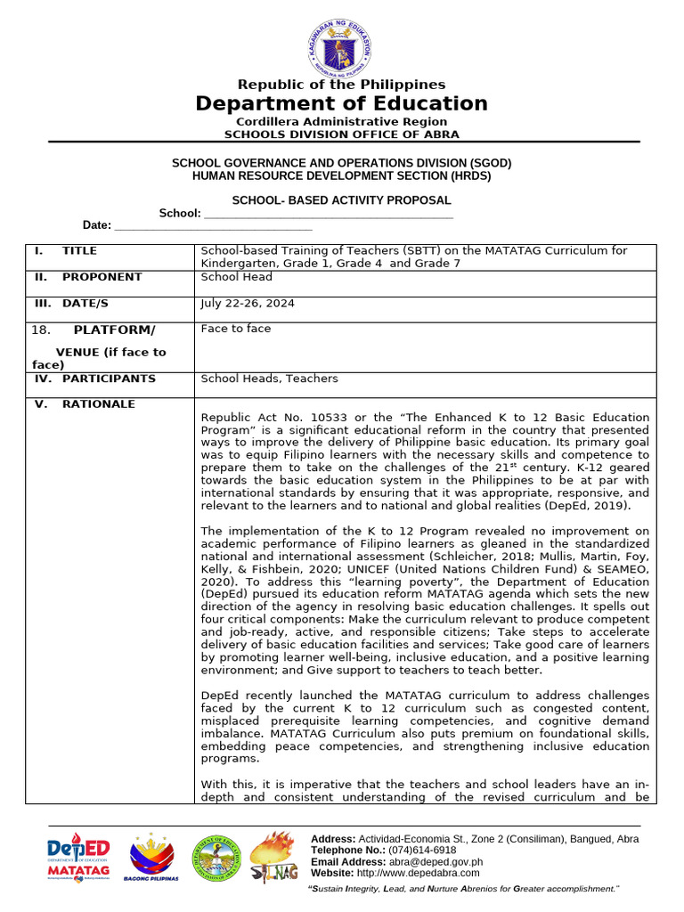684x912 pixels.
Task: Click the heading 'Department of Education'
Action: point(342,103)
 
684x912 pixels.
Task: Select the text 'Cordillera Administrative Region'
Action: point(342,121)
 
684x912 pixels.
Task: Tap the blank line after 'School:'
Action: point(329,214)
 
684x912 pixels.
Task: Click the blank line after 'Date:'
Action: point(214,226)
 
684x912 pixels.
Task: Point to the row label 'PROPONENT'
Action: point(102,277)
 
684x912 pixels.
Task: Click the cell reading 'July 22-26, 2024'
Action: point(248,304)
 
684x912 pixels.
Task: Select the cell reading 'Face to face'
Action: point(236,329)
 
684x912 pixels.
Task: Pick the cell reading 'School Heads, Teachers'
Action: point(269,379)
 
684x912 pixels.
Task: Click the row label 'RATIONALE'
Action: point(98,404)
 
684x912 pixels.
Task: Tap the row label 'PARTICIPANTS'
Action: point(108,379)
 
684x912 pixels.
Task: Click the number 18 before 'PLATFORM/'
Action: point(41,330)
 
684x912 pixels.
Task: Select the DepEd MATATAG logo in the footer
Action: point(78,856)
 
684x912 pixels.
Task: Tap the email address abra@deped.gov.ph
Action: point(441,862)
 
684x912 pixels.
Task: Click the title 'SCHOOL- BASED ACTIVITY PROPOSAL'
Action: point(342,201)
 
